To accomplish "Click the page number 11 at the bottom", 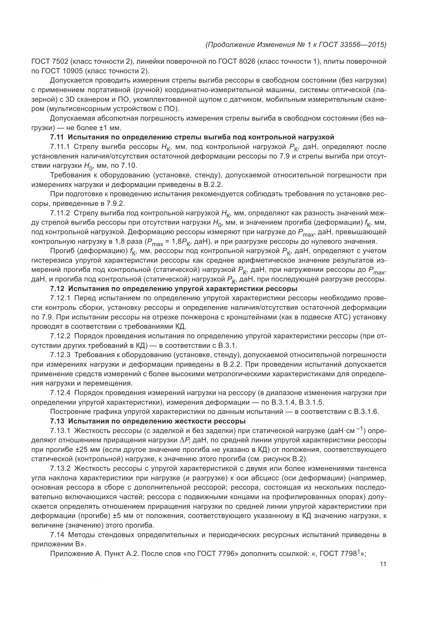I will click(x=383, y=564).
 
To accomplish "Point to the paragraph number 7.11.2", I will click(x=60, y=213).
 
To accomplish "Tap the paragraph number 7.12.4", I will click(x=60, y=393).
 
